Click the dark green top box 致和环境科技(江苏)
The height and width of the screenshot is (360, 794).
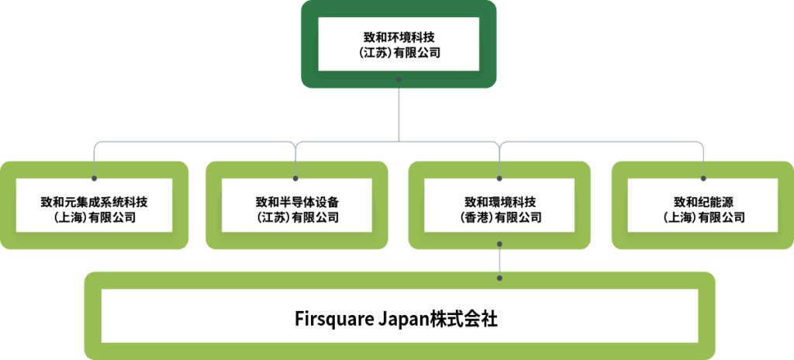pyautogui.click(x=399, y=44)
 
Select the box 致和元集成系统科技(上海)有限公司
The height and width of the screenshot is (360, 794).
pyautogui.click(x=94, y=206)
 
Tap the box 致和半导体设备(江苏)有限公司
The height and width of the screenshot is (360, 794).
pyautogui.click(x=297, y=206)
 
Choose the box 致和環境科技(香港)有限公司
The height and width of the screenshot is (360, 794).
pyautogui.click(x=499, y=206)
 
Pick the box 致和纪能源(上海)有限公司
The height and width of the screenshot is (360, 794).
pyautogui.click(x=703, y=206)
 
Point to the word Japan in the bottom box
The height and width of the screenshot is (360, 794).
pyautogui.click(x=404, y=320)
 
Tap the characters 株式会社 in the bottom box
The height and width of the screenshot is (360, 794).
pyautogui.click(x=464, y=320)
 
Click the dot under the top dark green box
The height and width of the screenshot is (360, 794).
pyautogui.click(x=399, y=80)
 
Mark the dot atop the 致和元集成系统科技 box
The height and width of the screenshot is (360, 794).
pyautogui.click(x=94, y=178)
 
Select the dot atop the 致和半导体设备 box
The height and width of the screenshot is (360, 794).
pyautogui.click(x=295, y=178)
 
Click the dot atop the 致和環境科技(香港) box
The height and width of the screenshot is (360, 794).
pyautogui.click(x=500, y=178)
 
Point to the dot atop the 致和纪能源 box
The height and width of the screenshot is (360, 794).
pyautogui.click(x=703, y=178)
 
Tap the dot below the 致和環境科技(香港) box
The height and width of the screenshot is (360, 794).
pyautogui.click(x=500, y=244)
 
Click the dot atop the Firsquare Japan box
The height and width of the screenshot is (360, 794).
pyautogui.click(x=500, y=278)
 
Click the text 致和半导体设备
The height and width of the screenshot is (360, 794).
pyautogui.click(x=297, y=202)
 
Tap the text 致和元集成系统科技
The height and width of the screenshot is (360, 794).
pyautogui.click(x=94, y=202)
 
